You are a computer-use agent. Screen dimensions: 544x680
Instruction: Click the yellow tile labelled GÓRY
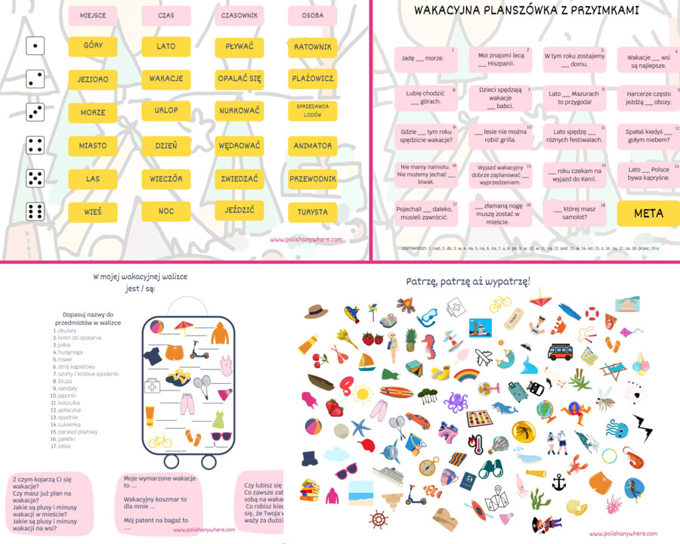[93, 46]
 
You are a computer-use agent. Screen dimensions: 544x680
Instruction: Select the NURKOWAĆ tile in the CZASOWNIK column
[239, 111]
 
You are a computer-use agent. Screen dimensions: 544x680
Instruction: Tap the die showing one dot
[35, 46]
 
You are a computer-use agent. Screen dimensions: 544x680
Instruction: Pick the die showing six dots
[35, 212]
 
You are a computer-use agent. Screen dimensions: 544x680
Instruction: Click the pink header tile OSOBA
[312, 15]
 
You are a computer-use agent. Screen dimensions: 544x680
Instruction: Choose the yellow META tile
[648, 213]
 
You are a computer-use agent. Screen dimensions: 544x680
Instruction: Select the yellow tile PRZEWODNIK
[312, 179]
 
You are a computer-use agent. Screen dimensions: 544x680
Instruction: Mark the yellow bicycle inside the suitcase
[159, 441]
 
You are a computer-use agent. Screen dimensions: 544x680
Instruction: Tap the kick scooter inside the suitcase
[197, 350]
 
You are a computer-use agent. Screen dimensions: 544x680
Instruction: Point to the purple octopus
[456, 402]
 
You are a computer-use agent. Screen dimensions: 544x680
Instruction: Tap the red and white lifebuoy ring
[592, 312]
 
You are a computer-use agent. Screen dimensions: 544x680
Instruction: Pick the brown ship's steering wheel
[378, 519]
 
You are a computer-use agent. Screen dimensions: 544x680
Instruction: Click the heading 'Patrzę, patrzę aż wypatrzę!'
[468, 282]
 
